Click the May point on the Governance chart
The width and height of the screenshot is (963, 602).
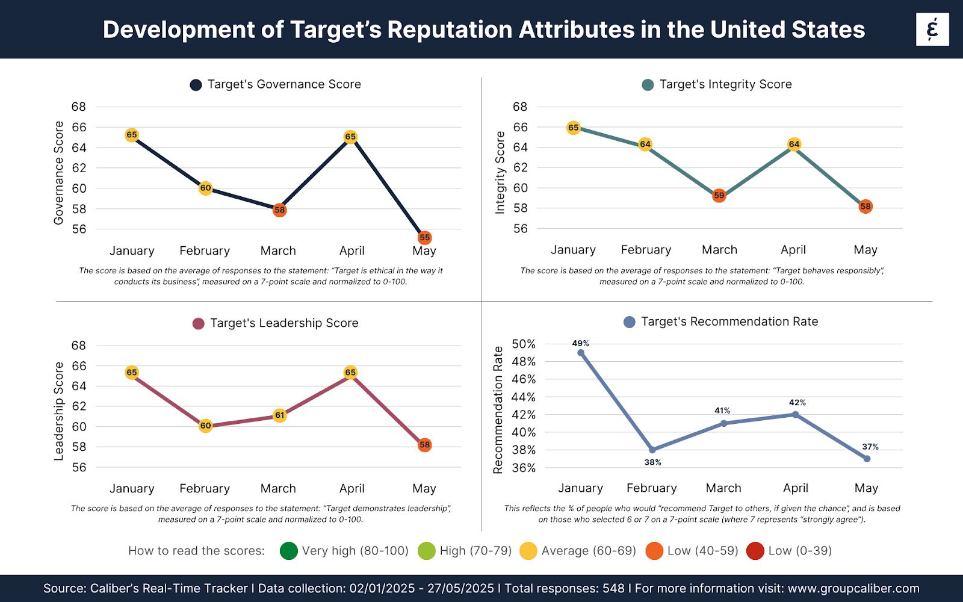[x=424, y=238]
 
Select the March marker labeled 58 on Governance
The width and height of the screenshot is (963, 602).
[x=279, y=210]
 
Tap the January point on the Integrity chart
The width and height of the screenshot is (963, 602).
[x=573, y=128]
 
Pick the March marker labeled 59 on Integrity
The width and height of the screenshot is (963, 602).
[x=719, y=196]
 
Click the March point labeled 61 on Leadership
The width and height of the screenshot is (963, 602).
[x=279, y=415]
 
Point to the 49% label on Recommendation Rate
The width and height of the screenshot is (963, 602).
[x=580, y=343]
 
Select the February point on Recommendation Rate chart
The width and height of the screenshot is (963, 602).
[x=652, y=450]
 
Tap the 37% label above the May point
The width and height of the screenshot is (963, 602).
[x=870, y=447]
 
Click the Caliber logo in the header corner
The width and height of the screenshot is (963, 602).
[x=932, y=29]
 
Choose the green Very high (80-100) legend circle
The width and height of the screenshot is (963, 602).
[x=289, y=551]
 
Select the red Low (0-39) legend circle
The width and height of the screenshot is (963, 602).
[x=755, y=551]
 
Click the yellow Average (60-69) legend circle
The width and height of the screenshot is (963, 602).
[x=528, y=551]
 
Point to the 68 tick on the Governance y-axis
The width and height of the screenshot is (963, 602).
[x=79, y=107]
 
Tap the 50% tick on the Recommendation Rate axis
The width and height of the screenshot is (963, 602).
[x=523, y=344]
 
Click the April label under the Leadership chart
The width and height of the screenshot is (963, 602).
[x=351, y=488]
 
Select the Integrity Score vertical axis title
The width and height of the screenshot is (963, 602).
[x=500, y=173]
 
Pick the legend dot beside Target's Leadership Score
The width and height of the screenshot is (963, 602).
[x=198, y=324]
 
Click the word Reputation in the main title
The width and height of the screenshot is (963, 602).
[x=449, y=29]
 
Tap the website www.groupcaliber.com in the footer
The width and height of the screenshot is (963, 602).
[x=853, y=588]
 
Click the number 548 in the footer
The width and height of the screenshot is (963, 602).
[x=613, y=588]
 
